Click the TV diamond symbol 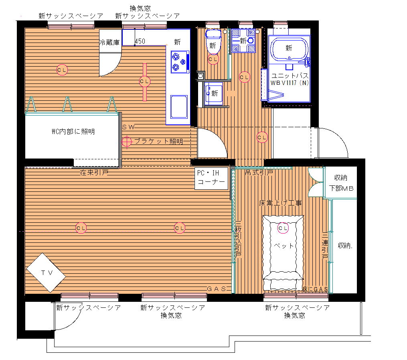(x=46, y=273)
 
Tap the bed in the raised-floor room (x=283, y=253)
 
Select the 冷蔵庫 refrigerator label (x=109, y=42)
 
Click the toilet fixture (x=213, y=42)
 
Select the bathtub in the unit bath (x=289, y=48)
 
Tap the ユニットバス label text (x=290, y=75)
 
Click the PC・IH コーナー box (x=211, y=178)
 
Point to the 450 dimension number (x=140, y=41)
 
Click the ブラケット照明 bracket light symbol (x=127, y=141)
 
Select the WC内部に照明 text (x=73, y=131)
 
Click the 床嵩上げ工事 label (x=280, y=203)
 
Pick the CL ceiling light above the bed (x=283, y=228)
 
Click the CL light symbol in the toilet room (x=213, y=59)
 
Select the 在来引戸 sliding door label (x=94, y=173)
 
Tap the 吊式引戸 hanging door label (x=259, y=172)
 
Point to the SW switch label (x=128, y=127)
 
